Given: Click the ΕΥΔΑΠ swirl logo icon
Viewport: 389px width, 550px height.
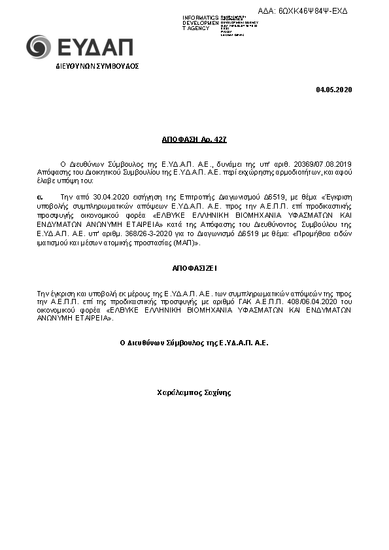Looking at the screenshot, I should point(38,46).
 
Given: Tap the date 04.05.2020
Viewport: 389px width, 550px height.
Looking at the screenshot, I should point(333,90).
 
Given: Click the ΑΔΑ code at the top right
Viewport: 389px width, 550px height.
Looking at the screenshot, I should point(313,11).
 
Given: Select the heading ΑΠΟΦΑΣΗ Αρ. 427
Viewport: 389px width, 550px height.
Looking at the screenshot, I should point(194,141).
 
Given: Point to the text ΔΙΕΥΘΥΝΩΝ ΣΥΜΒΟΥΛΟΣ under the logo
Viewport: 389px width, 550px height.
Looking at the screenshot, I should point(97,67).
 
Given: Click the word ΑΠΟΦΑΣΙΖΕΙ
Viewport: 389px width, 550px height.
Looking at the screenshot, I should point(194,268).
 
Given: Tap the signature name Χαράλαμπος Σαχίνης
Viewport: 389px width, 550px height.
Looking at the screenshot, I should point(194,393).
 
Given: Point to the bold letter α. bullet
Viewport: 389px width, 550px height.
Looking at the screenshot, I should point(39,196).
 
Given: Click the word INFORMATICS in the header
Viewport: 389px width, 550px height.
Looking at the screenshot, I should point(201,16).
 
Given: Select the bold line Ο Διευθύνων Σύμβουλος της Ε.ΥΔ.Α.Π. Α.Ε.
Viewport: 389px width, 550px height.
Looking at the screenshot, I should point(194,342).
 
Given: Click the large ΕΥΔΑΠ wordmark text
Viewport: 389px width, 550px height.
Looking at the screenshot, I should point(95,47).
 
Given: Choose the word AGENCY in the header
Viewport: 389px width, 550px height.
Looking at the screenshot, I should point(198,28).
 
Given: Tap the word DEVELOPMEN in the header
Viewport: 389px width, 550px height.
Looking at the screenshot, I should point(201,22).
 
